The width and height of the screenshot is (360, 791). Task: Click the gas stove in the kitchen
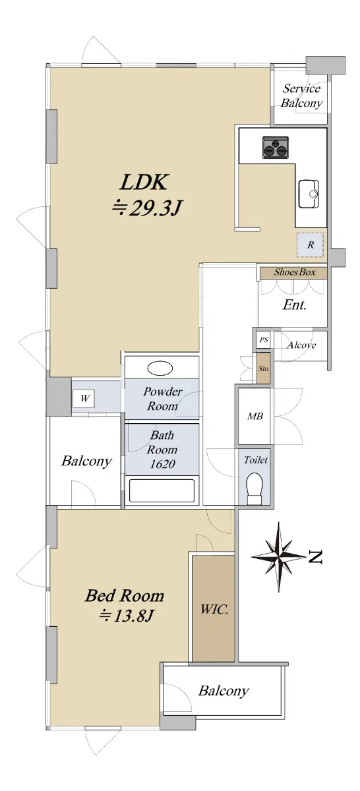(x=275, y=147)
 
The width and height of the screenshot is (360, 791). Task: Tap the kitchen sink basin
(x=309, y=194)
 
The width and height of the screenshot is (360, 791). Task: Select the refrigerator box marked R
(x=310, y=245)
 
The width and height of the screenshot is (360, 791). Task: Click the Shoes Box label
(x=295, y=272)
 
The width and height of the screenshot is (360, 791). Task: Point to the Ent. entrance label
(x=294, y=305)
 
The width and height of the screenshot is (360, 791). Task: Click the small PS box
(x=264, y=340)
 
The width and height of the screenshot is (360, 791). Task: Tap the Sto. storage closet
(x=264, y=368)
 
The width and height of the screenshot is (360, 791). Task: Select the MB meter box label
(x=255, y=417)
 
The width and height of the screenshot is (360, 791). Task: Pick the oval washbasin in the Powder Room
(x=160, y=368)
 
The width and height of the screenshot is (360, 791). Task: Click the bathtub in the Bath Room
(x=162, y=490)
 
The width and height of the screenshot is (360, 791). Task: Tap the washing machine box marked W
(x=84, y=399)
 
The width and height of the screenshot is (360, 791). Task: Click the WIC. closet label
(x=214, y=609)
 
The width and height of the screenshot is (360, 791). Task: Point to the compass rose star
(x=279, y=556)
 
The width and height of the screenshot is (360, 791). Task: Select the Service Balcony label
(x=302, y=96)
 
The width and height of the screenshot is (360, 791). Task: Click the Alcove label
(x=301, y=345)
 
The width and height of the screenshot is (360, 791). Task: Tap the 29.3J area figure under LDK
(x=146, y=208)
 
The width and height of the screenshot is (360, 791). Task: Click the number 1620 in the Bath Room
(x=162, y=464)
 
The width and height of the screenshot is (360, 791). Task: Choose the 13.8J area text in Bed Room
(x=126, y=616)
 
